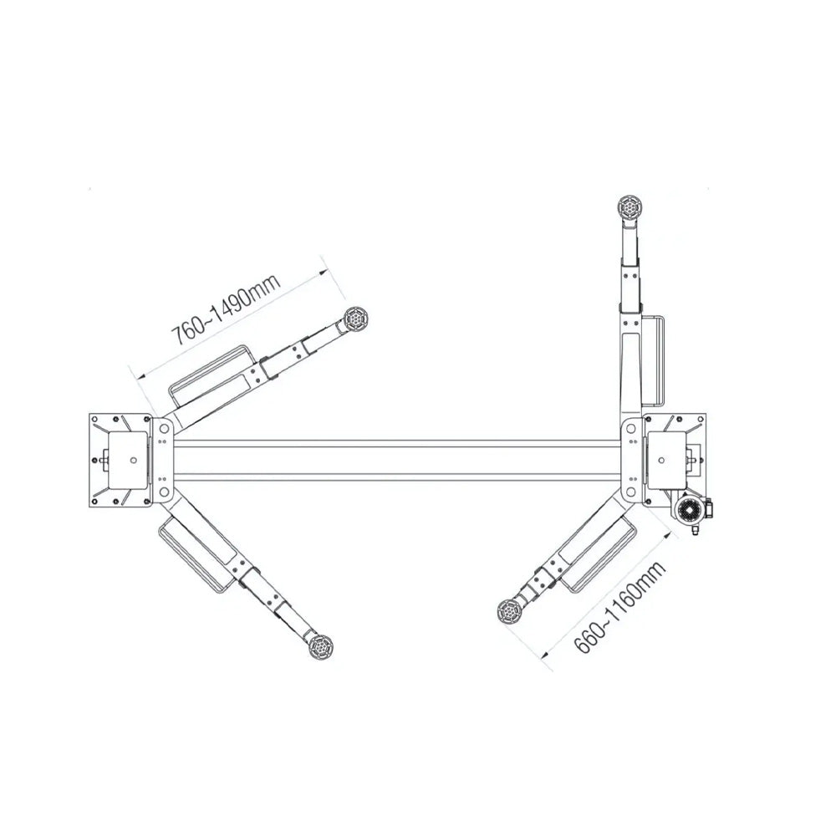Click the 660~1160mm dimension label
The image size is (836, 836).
[x=620, y=606]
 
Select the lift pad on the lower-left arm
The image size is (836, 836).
[x=321, y=647]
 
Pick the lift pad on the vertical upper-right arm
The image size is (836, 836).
[x=630, y=206]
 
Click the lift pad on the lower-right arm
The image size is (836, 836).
[x=510, y=611]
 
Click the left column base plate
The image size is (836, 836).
[x=119, y=460]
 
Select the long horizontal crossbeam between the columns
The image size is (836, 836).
[x=398, y=461]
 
